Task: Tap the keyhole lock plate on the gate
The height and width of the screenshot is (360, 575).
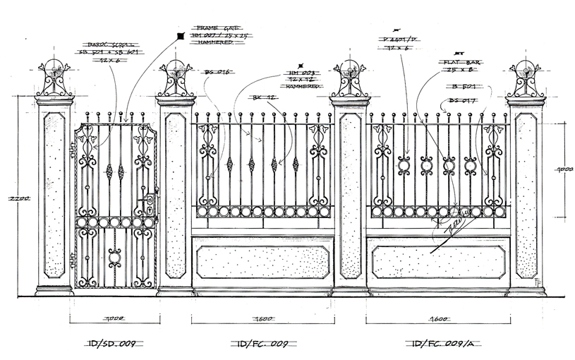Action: pos(150,205)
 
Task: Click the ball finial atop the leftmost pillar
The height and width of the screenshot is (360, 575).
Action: pos(54,69)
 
